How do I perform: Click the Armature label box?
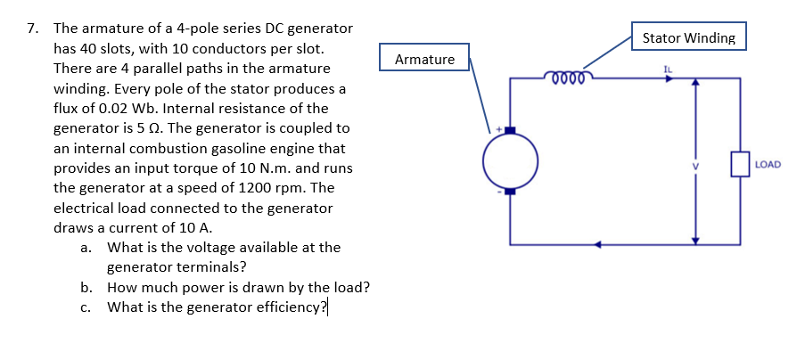click(x=424, y=60)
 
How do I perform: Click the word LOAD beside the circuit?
click(x=768, y=164)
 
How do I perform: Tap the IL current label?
click(x=668, y=68)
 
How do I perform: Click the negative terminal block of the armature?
click(x=511, y=191)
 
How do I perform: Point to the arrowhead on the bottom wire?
click(x=600, y=242)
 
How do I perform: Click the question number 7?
click(x=32, y=29)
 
